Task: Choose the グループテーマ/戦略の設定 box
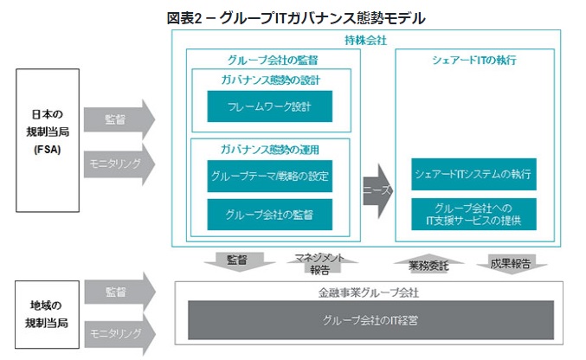(x=269, y=176)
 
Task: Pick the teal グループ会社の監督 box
(x=269, y=214)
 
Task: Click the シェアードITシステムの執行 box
(x=473, y=174)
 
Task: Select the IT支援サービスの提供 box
(x=473, y=214)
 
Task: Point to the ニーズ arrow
(x=377, y=189)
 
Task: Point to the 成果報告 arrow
(x=507, y=261)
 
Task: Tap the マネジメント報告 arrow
(x=318, y=262)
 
